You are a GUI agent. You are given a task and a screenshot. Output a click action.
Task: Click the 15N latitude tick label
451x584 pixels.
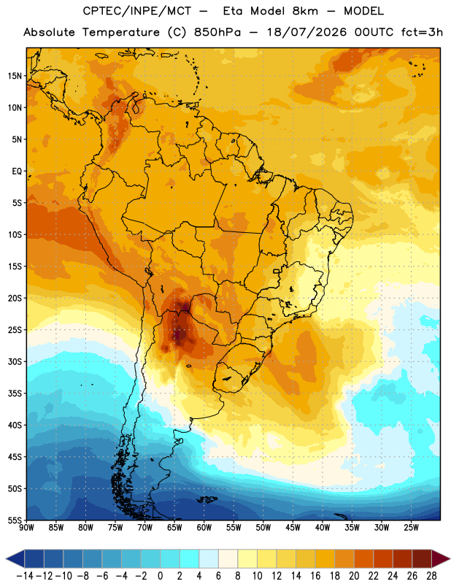[x=15, y=76]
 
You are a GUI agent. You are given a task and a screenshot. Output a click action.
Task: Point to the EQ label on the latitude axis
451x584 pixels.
[x=17, y=172]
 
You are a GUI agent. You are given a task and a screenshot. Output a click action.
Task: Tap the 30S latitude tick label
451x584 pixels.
[x=15, y=361]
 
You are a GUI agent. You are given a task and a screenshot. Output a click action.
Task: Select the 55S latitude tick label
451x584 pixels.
[x=15, y=520]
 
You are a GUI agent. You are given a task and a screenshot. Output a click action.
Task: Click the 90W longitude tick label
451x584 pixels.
[x=26, y=528]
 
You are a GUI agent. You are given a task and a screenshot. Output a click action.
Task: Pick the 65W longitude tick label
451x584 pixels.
[x=174, y=528]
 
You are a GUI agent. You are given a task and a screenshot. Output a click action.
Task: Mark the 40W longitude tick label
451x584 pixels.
[x=323, y=528]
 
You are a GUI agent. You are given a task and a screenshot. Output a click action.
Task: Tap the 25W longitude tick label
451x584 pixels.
[x=411, y=528]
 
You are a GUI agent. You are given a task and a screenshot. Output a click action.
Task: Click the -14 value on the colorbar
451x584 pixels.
[x=25, y=576]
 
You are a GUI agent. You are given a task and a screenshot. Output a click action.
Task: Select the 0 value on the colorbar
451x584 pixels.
[x=160, y=576]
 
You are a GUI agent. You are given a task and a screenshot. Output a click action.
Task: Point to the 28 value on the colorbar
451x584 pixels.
[x=431, y=576]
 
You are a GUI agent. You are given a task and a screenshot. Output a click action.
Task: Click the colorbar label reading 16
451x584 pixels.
[x=315, y=576]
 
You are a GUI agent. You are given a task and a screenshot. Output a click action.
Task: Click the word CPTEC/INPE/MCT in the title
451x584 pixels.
[x=137, y=11]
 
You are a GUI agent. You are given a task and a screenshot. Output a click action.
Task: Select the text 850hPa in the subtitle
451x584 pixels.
[x=217, y=32]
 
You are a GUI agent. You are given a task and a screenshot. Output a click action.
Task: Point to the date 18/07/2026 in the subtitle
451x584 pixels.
[x=307, y=32]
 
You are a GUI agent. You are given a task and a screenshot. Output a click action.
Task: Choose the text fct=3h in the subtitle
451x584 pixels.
[x=422, y=32]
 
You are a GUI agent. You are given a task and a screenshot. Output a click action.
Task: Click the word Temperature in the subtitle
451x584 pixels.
[x=121, y=33]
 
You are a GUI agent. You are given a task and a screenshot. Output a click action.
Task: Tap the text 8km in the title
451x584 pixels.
[x=305, y=11]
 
